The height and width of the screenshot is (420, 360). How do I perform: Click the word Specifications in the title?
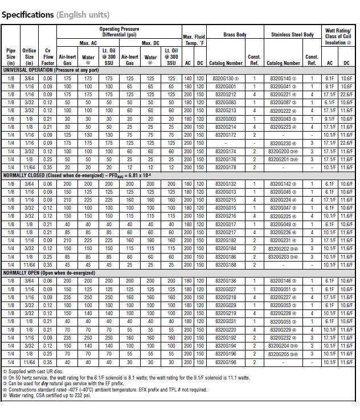(27, 15)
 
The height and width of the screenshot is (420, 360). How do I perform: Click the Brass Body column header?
(235, 35)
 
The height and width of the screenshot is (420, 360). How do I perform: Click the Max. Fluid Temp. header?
(194, 40)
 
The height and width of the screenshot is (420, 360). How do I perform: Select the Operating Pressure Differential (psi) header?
(119, 32)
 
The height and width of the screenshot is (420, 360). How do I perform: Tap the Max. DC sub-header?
(150, 43)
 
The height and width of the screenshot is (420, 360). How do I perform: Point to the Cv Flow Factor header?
(48, 56)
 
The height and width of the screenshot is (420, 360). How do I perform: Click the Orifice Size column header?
(29, 56)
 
